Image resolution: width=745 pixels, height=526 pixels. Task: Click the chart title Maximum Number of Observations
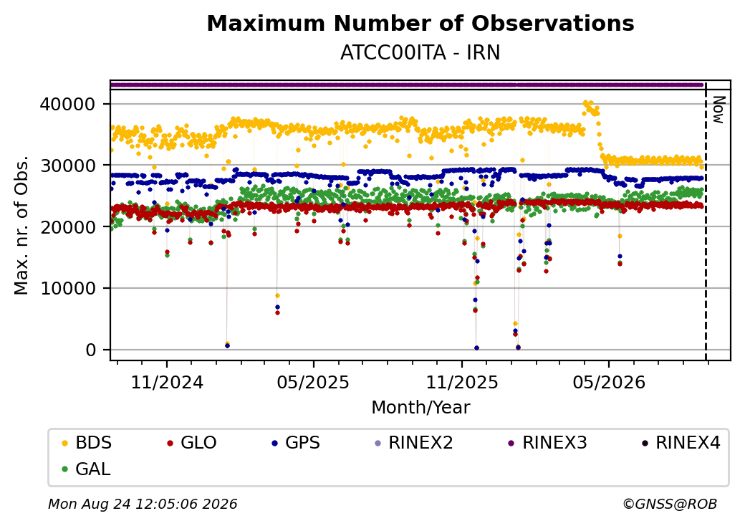pyautogui.click(x=420, y=23)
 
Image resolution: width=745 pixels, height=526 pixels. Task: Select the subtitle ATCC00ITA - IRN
pyautogui.click(x=420, y=53)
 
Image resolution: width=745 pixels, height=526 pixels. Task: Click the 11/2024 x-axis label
pyautogui.click(x=167, y=383)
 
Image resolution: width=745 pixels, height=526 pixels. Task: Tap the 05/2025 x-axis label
pyautogui.click(x=313, y=383)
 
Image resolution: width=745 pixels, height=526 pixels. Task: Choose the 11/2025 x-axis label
pyautogui.click(x=462, y=383)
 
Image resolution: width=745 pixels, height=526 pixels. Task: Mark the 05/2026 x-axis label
pyautogui.click(x=609, y=383)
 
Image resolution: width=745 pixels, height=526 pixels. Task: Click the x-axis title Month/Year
pyautogui.click(x=420, y=408)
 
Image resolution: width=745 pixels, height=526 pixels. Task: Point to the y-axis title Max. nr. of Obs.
pyautogui.click(x=21, y=225)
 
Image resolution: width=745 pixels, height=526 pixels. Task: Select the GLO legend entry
pyautogui.click(x=192, y=443)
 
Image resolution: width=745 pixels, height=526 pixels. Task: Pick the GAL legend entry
pyautogui.click(x=87, y=469)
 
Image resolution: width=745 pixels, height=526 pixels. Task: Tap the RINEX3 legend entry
pyautogui.click(x=548, y=443)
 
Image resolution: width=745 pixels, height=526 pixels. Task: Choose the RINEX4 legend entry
pyautogui.click(x=681, y=443)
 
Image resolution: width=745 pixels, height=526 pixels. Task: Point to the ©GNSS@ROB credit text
pyautogui.click(x=670, y=504)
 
